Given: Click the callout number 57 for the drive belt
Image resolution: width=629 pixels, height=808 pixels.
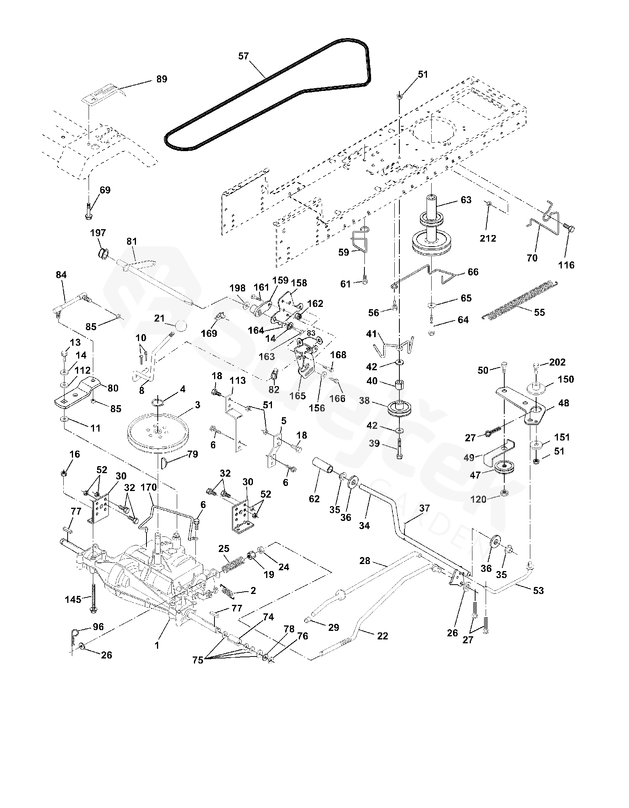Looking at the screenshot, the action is (x=243, y=56).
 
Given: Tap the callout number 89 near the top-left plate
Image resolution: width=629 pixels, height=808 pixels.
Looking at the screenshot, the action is (x=162, y=79).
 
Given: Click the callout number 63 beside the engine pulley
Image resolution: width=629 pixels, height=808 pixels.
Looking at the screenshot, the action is (x=466, y=200).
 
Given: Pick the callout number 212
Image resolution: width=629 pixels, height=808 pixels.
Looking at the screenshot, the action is (x=488, y=238).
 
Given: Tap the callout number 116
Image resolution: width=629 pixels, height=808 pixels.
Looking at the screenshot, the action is (x=566, y=265).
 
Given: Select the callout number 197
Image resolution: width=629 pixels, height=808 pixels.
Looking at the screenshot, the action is (x=98, y=233).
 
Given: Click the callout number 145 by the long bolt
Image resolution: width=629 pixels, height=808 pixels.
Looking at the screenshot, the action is (x=73, y=599).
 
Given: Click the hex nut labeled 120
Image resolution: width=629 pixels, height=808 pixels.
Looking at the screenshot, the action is (x=504, y=493).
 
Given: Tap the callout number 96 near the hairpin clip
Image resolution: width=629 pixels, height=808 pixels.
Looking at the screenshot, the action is (x=98, y=626).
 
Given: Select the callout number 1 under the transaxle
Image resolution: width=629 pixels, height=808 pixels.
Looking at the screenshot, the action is (x=157, y=645).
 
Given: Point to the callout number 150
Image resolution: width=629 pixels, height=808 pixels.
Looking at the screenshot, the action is (x=566, y=379).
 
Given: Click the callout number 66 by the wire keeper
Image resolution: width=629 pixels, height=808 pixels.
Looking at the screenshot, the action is (x=473, y=272).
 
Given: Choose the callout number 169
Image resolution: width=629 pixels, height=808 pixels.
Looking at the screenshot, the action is (x=209, y=333).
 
